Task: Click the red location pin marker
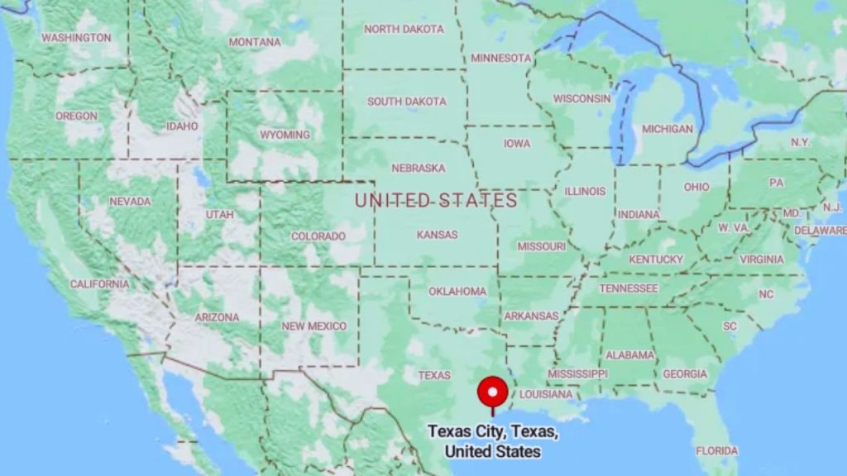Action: (x=493, y=391)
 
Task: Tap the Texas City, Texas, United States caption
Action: (x=493, y=441)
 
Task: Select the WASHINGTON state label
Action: (x=76, y=38)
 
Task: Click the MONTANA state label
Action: (x=255, y=42)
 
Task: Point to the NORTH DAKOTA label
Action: (x=404, y=29)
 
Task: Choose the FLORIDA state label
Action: (x=716, y=451)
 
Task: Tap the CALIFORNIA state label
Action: (x=99, y=284)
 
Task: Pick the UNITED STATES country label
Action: (x=436, y=200)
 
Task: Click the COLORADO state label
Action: (x=318, y=236)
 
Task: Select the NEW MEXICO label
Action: (x=313, y=326)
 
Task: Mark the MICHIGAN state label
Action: (x=668, y=129)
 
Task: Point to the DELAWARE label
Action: (x=820, y=231)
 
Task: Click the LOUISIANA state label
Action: (x=545, y=394)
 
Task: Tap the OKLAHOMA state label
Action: (x=457, y=292)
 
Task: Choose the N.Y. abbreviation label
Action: (x=800, y=142)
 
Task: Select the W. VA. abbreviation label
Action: (x=733, y=227)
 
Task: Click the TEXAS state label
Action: (x=434, y=375)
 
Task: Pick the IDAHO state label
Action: (x=182, y=126)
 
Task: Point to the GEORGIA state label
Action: (x=685, y=374)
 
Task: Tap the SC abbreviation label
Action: (x=730, y=326)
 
